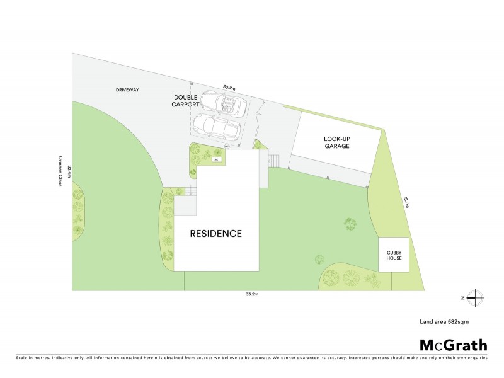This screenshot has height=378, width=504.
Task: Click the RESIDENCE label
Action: (x=216, y=234)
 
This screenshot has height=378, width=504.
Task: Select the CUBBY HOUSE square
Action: (x=393, y=255)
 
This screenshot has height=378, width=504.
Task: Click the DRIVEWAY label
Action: (x=127, y=90)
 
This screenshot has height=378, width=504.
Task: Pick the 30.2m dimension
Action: (x=229, y=88)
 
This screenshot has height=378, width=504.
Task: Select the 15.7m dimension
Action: (x=406, y=202)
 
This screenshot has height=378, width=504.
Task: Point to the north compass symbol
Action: (x=476, y=298)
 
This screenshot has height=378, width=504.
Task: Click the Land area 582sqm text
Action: (x=445, y=321)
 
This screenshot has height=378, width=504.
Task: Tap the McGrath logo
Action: (x=454, y=345)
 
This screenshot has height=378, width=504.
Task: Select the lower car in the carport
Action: (x=217, y=128)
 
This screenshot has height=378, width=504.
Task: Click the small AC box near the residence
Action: (x=215, y=160)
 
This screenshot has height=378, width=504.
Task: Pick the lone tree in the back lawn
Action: (x=350, y=223)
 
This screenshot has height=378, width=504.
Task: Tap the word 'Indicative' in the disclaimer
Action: (x=64, y=357)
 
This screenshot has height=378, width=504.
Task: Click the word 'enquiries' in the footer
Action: (x=476, y=357)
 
